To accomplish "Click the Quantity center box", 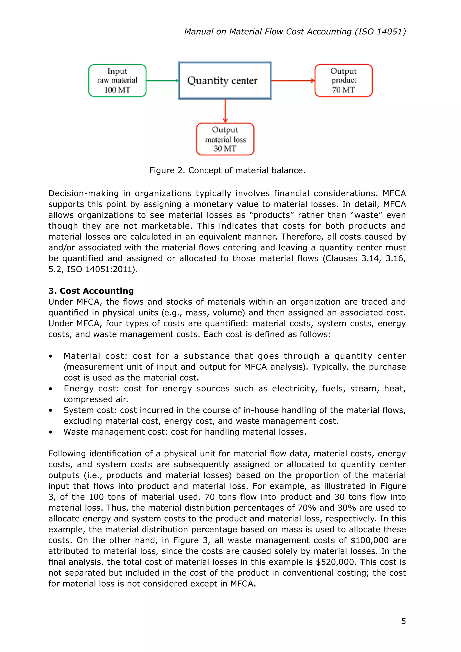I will (x=225, y=80).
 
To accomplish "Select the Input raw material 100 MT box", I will (x=117, y=80).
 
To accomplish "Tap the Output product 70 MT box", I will (x=343, y=80).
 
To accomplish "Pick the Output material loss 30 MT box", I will (x=225, y=139).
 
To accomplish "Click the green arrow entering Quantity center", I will (x=162, y=81).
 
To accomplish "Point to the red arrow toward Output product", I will (x=293, y=81).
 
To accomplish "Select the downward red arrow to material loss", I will (x=225, y=111).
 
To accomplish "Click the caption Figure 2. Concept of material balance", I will (x=227, y=170).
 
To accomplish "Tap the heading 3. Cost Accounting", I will (x=91, y=291).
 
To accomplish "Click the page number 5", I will (x=403, y=621).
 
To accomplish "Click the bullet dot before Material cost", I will (x=50, y=356).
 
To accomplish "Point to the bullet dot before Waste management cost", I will (x=50, y=432).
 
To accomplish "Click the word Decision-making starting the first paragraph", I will (x=84, y=193).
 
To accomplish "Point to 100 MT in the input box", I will (x=117, y=90).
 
